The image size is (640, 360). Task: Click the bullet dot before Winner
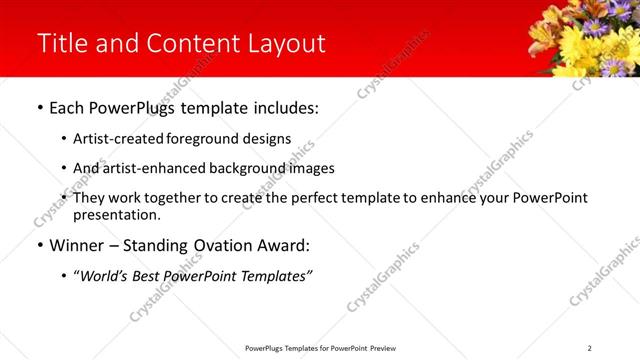click(x=39, y=245)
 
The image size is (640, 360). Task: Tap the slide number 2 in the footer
click(x=590, y=348)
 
